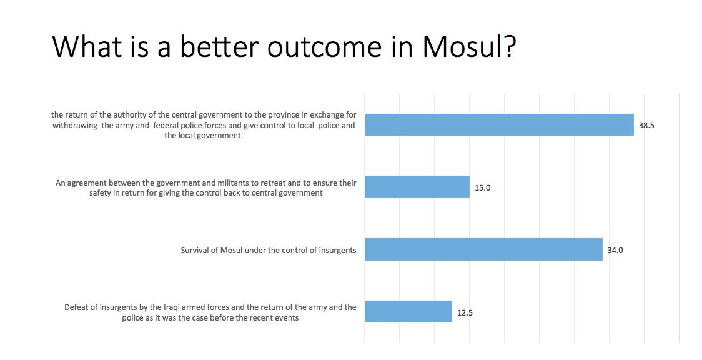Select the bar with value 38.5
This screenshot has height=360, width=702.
coord(499,124)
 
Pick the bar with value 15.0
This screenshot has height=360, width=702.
coord(417,187)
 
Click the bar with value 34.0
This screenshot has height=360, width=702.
coord(483,249)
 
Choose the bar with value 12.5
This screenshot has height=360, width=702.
coord(408,312)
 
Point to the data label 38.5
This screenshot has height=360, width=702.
coord(646,126)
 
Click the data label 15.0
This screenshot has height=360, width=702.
coord(483,188)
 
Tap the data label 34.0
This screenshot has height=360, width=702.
coord(615,250)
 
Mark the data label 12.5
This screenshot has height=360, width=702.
coord(465,313)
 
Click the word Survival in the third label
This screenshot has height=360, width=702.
coord(195,250)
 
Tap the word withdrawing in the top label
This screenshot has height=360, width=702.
coord(75,126)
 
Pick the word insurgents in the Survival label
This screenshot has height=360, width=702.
coord(337,250)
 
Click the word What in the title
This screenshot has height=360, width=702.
coord(84,46)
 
